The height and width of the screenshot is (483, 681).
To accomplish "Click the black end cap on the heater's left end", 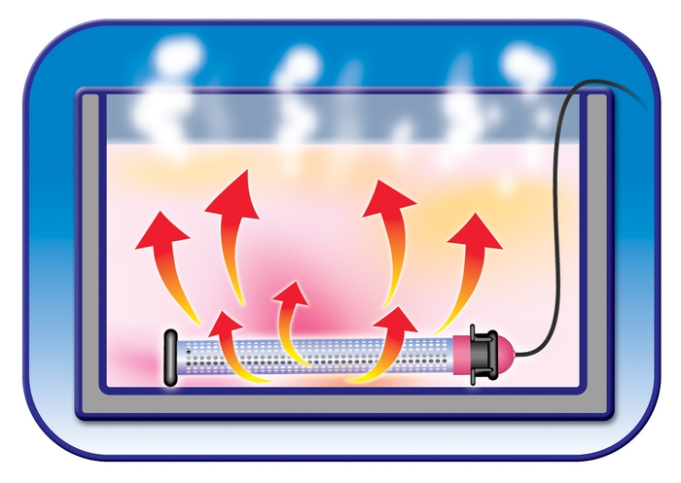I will [x=171, y=358].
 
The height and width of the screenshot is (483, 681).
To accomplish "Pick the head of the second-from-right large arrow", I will [x=387, y=200].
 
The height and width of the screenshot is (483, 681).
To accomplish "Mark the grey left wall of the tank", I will [x=90, y=253].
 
